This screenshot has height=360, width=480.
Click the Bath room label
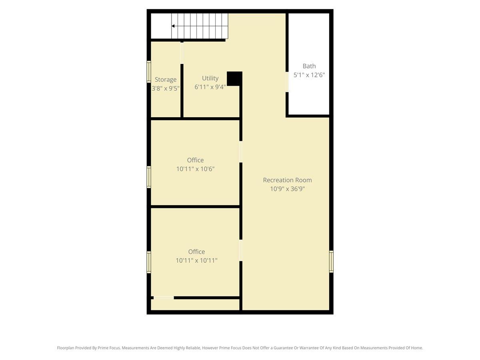tap(309, 66)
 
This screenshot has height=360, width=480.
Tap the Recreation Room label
tap(287, 180)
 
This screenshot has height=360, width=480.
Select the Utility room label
tap(210, 78)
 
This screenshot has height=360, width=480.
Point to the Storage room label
tap(166, 80)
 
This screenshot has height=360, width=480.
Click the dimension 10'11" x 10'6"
tap(195, 169)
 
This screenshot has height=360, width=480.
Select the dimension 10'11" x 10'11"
tap(196, 260)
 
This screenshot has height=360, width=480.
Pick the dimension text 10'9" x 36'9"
tap(287, 189)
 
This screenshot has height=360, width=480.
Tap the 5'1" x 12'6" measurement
tap(309, 75)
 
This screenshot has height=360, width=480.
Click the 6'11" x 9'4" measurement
tap(210, 87)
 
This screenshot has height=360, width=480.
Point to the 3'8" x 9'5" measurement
tap(166, 88)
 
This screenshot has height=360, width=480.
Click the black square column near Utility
tap(234, 78)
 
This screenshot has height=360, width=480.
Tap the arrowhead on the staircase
tap(173, 26)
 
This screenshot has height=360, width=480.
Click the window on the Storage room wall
tap(149, 72)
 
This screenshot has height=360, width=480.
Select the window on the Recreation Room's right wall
tap(331, 262)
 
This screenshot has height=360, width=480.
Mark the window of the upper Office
tap(149, 177)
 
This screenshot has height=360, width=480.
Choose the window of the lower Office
tap(149, 262)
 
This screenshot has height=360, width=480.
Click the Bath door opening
tap(287, 82)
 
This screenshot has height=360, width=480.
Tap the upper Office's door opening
tap(241, 152)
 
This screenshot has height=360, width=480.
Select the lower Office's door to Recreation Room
tap(241, 250)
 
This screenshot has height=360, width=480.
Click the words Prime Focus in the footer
tap(109, 348)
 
